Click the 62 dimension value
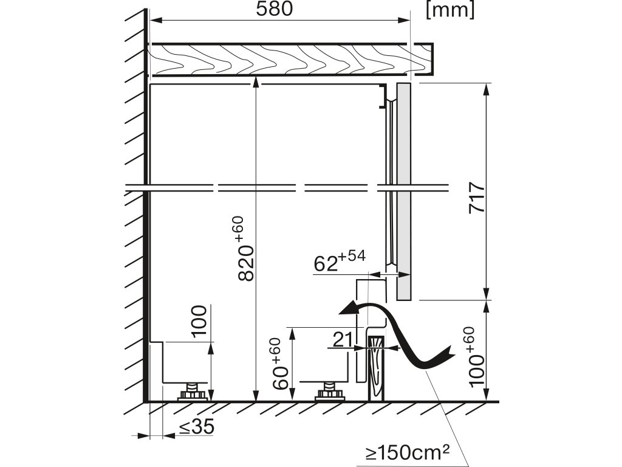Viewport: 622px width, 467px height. (326, 264)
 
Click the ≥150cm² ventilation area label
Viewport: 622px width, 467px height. (408, 452)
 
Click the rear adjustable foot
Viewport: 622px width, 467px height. (193, 393)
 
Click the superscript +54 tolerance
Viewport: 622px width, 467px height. (353, 257)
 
